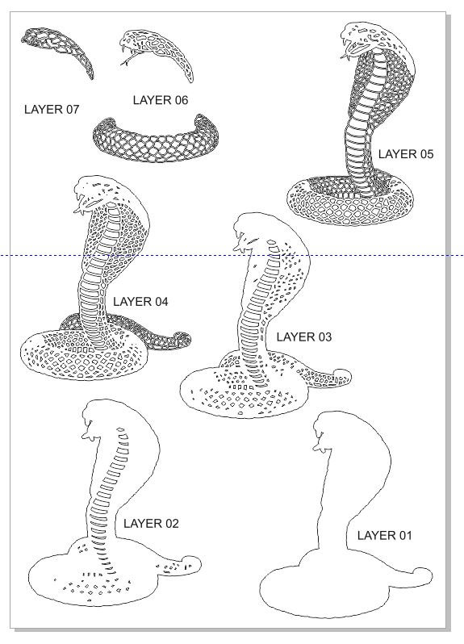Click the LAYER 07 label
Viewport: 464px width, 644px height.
pyautogui.click(x=52, y=109)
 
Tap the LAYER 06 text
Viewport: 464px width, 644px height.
pyautogui.click(x=161, y=100)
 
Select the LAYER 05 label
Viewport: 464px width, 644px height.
pyautogui.click(x=406, y=154)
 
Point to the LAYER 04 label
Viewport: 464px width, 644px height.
pyautogui.click(x=140, y=302)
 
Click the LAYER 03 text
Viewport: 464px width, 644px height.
pyautogui.click(x=304, y=337)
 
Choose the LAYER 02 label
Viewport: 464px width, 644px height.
pyautogui.click(x=151, y=524)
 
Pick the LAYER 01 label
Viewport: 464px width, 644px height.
pyautogui.click(x=384, y=535)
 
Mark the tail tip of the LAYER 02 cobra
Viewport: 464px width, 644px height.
pyautogui.click(x=191, y=562)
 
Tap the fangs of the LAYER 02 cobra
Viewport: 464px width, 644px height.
pyautogui.click(x=89, y=435)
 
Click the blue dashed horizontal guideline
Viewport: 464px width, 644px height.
pyautogui.click(x=232, y=256)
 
